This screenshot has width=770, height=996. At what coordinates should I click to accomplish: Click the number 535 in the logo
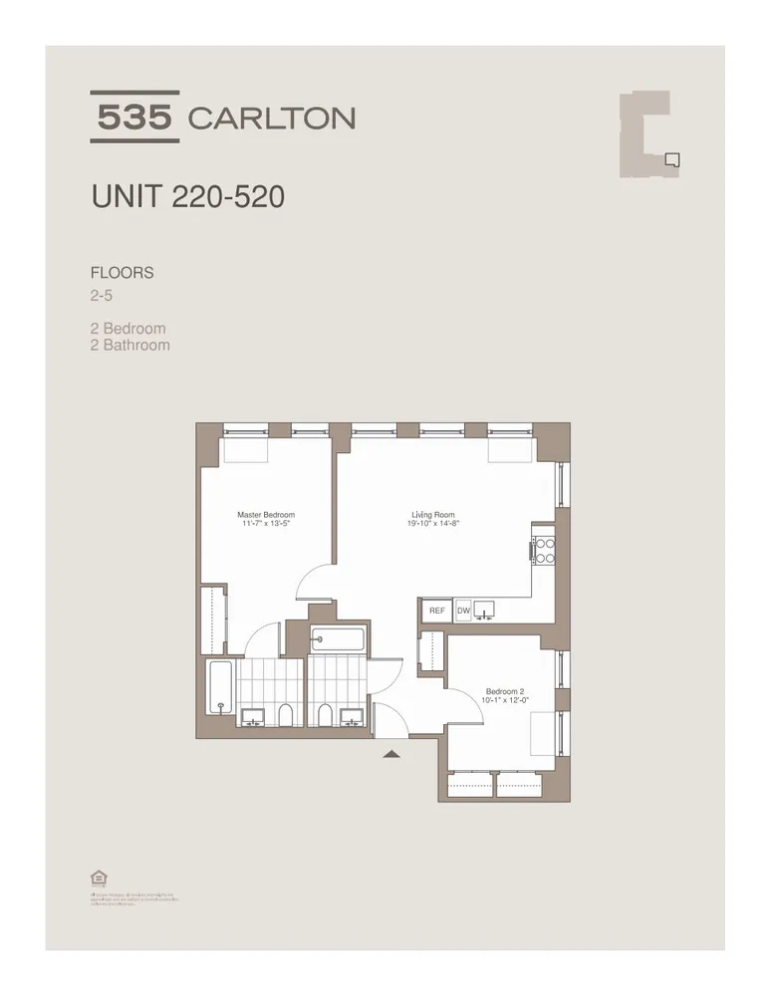134,118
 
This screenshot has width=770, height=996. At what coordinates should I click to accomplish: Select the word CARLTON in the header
271,119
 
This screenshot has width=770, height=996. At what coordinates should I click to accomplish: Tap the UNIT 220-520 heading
187,196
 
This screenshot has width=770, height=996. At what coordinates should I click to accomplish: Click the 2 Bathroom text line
129,346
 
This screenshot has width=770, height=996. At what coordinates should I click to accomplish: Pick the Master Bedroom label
266,515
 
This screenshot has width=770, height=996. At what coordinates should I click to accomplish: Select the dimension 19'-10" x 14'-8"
434,523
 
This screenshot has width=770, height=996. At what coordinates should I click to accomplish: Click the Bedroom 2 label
504,691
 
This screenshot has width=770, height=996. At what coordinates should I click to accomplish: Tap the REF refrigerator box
435,611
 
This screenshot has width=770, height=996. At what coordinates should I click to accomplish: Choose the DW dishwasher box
463,611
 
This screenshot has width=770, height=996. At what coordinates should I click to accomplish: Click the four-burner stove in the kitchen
544,551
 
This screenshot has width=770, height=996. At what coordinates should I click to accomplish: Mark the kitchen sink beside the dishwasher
487,610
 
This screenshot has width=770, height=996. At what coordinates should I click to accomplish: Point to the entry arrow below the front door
391,754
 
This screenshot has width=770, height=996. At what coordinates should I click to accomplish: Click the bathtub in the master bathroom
220,687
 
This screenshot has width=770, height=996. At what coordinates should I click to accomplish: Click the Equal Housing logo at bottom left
98,877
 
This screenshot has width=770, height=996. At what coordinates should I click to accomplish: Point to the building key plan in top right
650,134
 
